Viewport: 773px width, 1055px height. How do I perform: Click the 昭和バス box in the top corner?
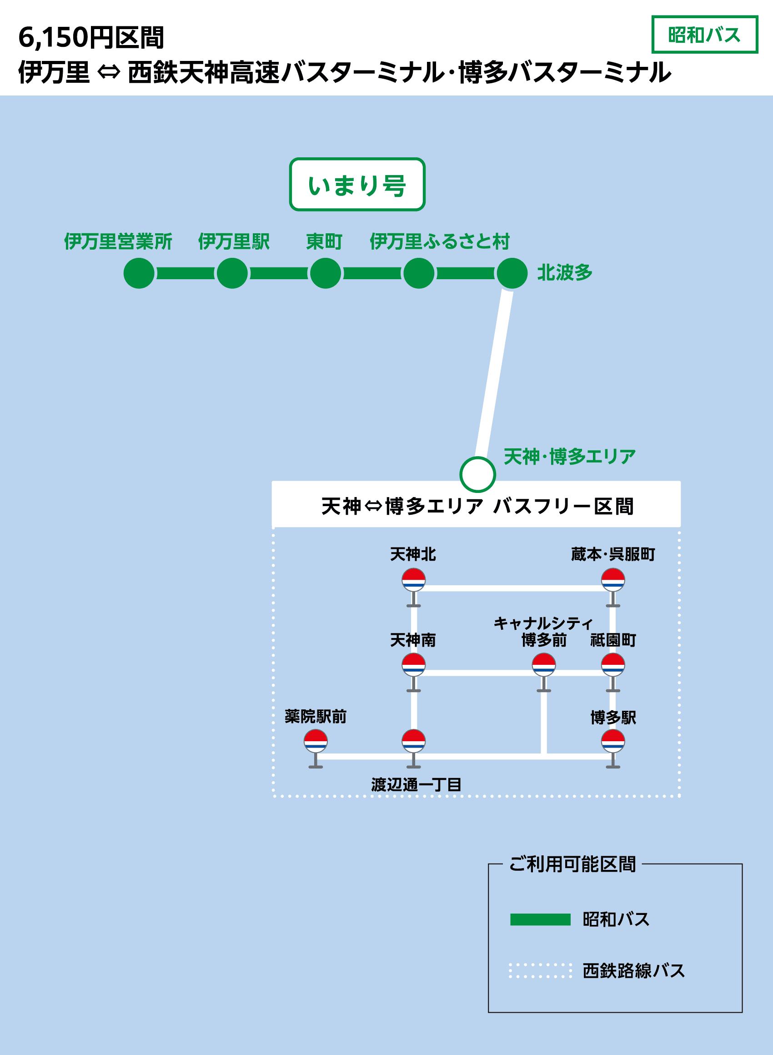(704, 35)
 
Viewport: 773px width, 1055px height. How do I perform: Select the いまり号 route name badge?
(357, 185)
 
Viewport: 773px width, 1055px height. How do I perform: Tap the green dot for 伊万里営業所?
(139, 273)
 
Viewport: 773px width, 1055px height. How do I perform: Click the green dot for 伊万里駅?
(232, 273)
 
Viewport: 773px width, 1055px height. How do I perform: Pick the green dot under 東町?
(326, 273)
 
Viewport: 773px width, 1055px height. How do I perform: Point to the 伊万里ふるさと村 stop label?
(439, 241)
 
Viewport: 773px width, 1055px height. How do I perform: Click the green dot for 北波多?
(512, 273)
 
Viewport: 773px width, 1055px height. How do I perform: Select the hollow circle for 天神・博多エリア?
(477, 474)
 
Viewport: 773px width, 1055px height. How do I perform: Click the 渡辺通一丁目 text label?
(417, 784)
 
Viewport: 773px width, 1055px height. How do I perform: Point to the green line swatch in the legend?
(540, 919)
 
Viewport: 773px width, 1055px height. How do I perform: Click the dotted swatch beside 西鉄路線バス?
(540, 970)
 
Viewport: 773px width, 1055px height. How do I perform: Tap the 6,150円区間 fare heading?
(91, 37)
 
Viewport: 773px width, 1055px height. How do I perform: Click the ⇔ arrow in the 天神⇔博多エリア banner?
(373, 506)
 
